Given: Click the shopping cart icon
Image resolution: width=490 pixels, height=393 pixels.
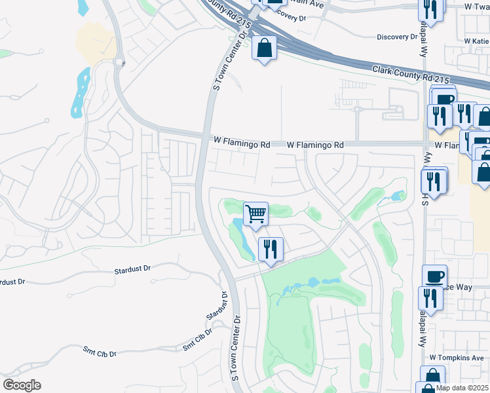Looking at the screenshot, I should pos(256,213).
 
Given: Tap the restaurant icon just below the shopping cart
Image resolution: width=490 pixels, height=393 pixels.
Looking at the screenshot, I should pos(270,249).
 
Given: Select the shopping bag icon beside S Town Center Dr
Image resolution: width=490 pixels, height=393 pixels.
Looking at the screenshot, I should pos(264,48).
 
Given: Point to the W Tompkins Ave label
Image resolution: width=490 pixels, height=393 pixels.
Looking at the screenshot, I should pos(457,358).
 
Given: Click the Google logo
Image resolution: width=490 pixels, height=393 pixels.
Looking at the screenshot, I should pos(22,384).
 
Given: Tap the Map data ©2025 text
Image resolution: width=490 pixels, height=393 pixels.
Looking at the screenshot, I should pos(462,388).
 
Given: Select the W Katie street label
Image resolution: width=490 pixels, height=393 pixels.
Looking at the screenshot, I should pos(476,41).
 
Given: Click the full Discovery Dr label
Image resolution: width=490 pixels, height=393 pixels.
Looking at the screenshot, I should pos(398,37).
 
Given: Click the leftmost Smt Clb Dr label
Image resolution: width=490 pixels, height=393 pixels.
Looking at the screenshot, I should pos(100,353).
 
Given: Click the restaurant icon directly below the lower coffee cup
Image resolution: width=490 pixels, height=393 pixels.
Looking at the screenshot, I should pos(430,297).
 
